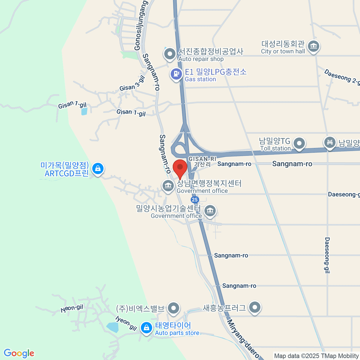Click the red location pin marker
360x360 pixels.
pyautogui.click(x=180, y=168)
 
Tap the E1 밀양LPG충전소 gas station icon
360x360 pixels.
pyautogui.click(x=176, y=73)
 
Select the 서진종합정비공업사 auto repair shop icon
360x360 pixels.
pyautogui.click(x=170, y=54)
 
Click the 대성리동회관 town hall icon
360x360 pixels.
pyautogui.click(x=314, y=46)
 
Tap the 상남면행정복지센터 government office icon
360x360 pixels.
pyautogui.click(x=168, y=185)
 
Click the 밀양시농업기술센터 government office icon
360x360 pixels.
pyautogui.click(x=210, y=211)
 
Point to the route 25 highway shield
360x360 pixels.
pyautogui.click(x=195, y=199)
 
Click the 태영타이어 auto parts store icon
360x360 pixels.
pyautogui.click(x=146, y=328)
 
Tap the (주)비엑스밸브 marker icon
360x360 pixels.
pyautogui.click(x=173, y=308)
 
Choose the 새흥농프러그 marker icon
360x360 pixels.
pyautogui.click(x=255, y=307)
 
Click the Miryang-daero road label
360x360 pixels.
pyautogui.click(x=243, y=339)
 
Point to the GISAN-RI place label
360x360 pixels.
pyautogui.click(x=202, y=159)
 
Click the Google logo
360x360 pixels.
pyautogui.click(x=19, y=353)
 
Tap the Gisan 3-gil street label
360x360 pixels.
pyautogui.click(x=132, y=84)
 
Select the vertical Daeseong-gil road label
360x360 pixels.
pyautogui.click(x=327, y=255)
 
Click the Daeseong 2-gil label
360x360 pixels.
pyautogui.click(x=342, y=77)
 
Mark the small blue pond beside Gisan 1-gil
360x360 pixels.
pyautogui.click(x=84, y=111)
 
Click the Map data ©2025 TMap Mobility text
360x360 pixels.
pyautogui.click(x=316, y=356)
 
